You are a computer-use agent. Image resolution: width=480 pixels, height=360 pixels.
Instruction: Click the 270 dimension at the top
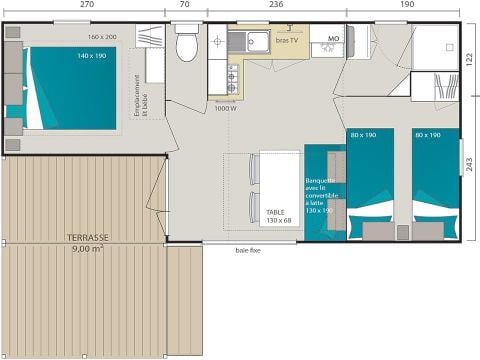[x=86, y=5]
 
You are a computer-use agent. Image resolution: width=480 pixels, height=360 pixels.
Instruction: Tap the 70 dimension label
[x=185, y=5]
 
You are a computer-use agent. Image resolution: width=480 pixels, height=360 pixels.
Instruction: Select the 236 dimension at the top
[x=275, y=5]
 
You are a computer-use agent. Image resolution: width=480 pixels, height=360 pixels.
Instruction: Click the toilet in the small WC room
[x=185, y=46]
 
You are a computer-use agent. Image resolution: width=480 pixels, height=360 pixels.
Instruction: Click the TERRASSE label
[x=88, y=237]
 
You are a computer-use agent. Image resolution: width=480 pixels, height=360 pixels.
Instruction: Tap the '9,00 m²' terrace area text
[x=88, y=248]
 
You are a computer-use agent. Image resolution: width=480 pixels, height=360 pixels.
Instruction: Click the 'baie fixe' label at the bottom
[x=248, y=250]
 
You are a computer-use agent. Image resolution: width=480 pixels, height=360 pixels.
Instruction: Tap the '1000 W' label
[x=225, y=108]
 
